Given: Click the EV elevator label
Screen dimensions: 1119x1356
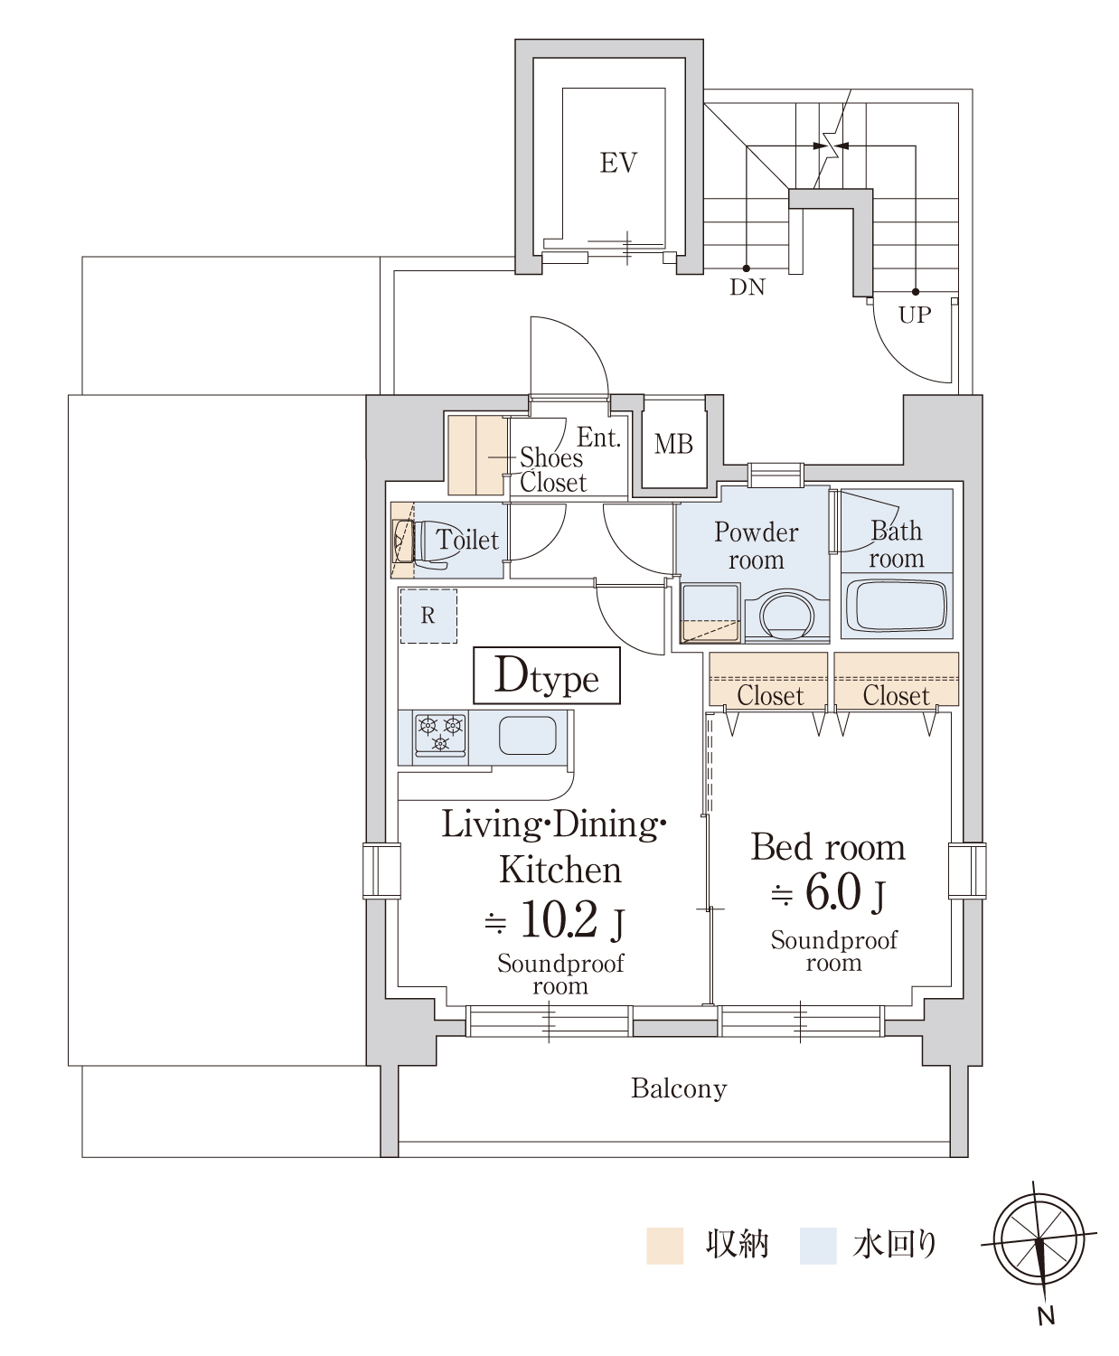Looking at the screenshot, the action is pos(618,163).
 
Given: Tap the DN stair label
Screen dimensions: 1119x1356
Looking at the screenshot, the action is pos(748,287).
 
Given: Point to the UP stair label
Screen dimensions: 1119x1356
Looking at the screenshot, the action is pos(915,315).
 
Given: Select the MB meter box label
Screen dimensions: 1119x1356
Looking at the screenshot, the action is pos(673,444).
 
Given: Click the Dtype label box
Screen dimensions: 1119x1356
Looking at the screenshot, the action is pos(546,675).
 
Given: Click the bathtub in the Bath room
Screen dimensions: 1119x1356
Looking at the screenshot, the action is pos(897,606).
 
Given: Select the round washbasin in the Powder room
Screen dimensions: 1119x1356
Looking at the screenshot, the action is pos(787,614).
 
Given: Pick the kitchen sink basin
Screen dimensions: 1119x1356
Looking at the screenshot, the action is pos(527,735).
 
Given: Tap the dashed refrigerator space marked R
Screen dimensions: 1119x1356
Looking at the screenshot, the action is pos(428,616).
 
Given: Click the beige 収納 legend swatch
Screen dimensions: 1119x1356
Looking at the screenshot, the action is pos(664,1246).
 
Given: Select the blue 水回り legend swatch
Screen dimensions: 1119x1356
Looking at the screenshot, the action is pos(818,1246).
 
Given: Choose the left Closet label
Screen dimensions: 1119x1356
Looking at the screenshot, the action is pos(770,695).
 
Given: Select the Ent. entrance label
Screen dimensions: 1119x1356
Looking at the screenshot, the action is pos(598,438).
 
